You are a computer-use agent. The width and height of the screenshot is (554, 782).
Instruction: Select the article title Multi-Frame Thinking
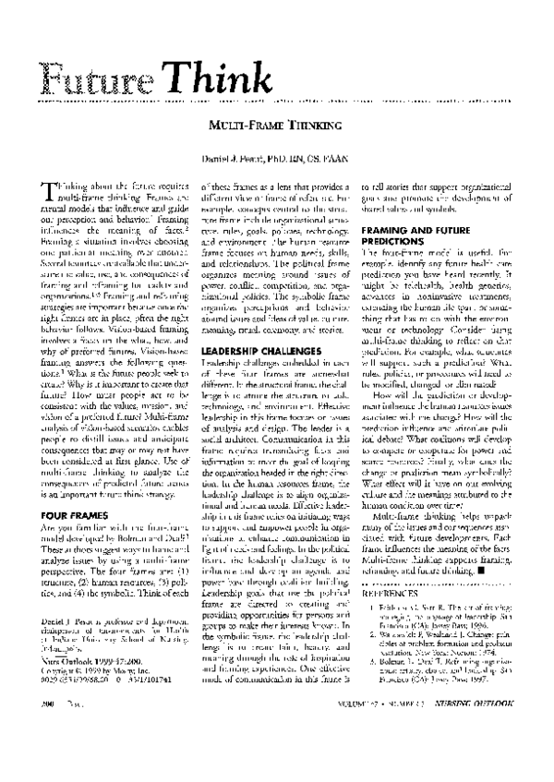[x=277, y=123]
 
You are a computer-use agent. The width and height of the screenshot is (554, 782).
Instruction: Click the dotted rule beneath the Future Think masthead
[x=277, y=102]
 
